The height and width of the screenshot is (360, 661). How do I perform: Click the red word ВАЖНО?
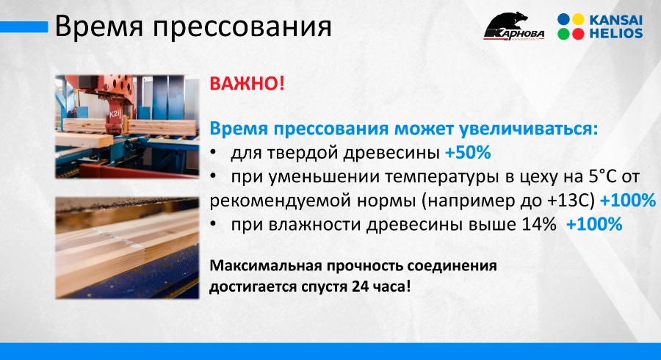[247, 84]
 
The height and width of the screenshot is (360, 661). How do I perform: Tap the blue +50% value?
[468, 153]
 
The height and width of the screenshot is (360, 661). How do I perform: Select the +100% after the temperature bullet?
[628, 201]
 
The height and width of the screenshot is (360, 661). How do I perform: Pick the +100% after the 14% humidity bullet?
[594, 224]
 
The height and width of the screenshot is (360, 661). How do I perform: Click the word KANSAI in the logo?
[615, 20]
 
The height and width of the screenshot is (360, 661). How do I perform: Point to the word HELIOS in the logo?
[616, 33]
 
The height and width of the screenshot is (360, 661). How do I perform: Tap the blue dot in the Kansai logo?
[563, 19]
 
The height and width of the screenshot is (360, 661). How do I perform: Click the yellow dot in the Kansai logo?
[578, 19]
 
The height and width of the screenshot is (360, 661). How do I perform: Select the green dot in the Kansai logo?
[563, 34]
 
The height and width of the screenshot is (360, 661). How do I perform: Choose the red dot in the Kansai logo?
[578, 34]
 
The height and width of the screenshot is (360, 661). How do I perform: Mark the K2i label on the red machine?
[115, 114]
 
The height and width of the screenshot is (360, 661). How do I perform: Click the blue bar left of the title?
[24, 27]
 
